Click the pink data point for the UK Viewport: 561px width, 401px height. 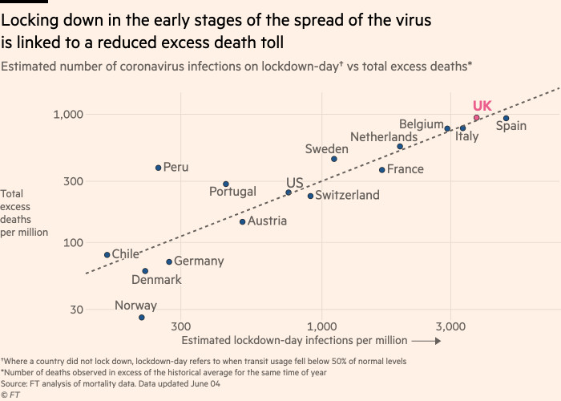click(476, 118)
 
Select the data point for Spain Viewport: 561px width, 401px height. click(506, 119)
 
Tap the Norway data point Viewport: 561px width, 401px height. click(142, 318)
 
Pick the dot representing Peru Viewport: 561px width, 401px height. click(158, 168)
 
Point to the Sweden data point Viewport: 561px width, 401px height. click(334, 159)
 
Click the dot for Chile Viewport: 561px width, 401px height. click(107, 255)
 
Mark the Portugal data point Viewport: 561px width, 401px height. click(226, 184)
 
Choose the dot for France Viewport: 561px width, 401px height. click(381, 170)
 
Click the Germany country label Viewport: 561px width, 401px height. click(199, 261)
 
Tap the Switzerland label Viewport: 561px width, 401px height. click(348, 196)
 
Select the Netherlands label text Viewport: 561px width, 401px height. click(383, 137)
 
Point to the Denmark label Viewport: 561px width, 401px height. click(156, 280)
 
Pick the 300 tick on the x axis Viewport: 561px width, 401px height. click(180, 327)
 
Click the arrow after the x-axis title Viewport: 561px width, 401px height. click(427, 341)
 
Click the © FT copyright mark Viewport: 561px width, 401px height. click(10, 395)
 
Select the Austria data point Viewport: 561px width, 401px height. click(242, 221)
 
